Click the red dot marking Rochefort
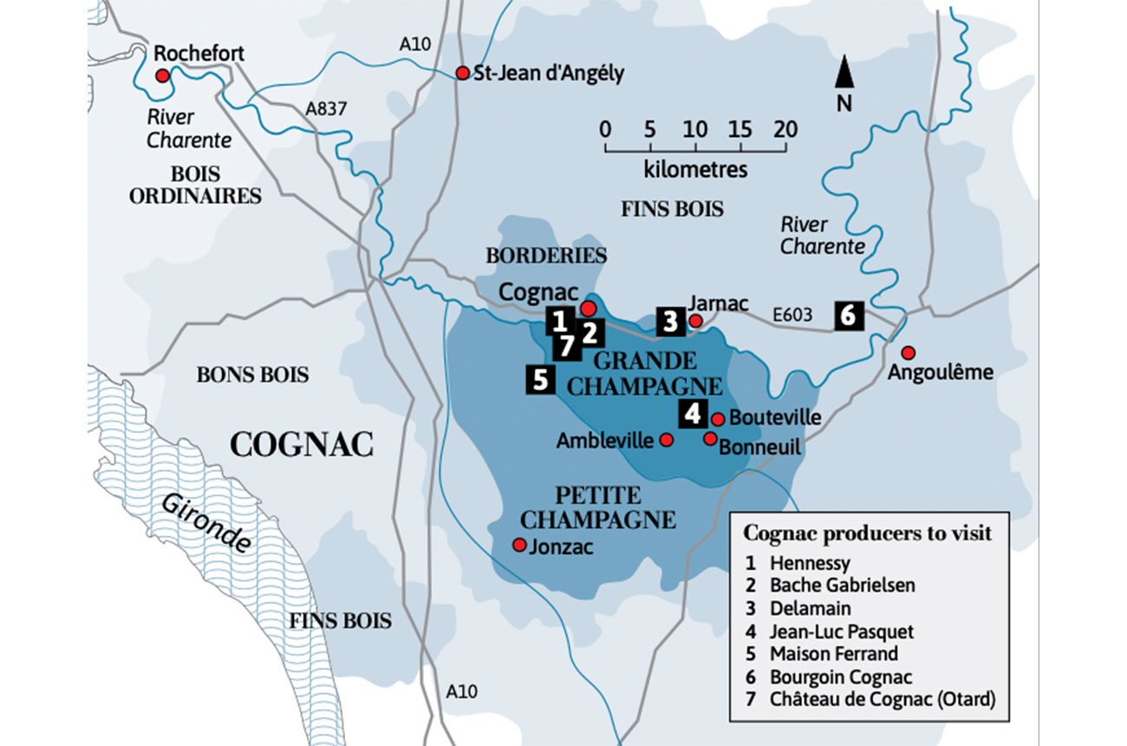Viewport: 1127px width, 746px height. [x=162, y=76]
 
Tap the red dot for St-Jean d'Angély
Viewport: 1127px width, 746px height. [x=462, y=74]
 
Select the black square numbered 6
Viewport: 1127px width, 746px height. [x=848, y=315]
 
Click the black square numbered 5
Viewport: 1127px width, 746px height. [x=540, y=380]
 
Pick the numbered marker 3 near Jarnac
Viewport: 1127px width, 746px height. [x=669, y=321]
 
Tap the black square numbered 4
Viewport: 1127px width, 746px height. [x=692, y=414]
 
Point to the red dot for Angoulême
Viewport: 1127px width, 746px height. [x=908, y=352]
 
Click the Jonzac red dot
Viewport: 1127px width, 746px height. [x=518, y=545]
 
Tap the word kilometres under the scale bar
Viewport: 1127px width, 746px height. [x=695, y=168]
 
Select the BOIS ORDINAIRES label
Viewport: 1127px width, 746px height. [x=195, y=185]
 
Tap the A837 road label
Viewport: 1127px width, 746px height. [x=327, y=109]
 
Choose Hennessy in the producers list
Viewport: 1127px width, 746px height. [x=811, y=562]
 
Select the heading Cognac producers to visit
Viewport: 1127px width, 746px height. [x=867, y=533]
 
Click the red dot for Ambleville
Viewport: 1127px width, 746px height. [x=666, y=440]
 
